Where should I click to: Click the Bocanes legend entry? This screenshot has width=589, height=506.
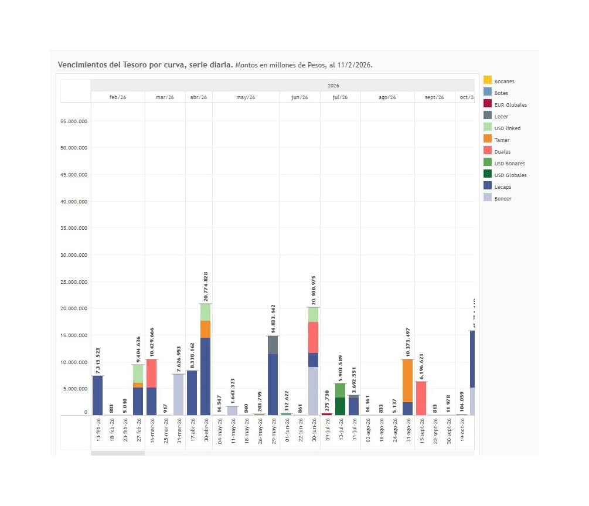(x=504, y=81)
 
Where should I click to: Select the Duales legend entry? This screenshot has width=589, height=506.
(x=502, y=152)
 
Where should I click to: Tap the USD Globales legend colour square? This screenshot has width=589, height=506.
(x=487, y=175)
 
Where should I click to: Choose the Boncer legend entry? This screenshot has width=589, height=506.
(x=503, y=199)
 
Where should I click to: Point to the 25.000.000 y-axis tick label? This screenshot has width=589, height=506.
(x=74, y=282)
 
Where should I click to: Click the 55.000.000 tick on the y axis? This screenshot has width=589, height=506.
(x=74, y=121)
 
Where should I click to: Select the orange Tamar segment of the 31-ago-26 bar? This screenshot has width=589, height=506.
(x=407, y=381)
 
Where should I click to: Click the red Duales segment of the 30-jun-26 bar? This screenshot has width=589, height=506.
(x=314, y=337)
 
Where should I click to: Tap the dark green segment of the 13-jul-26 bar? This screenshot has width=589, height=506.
(x=340, y=406)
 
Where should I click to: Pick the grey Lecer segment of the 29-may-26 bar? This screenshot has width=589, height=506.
(x=273, y=345)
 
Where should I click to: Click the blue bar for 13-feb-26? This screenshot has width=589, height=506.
(x=98, y=395)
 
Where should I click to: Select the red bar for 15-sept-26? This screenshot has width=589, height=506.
(x=421, y=398)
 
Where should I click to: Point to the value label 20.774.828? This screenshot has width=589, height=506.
(x=206, y=286)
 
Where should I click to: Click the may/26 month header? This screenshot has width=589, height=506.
(x=246, y=97)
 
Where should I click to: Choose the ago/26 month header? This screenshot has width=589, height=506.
(x=387, y=97)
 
